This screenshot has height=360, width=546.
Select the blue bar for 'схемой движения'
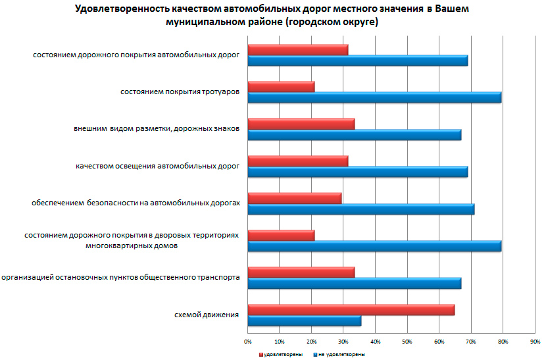(x=304, y=321)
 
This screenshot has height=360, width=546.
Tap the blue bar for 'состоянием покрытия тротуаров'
(x=374, y=98)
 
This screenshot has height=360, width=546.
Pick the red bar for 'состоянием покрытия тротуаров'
(x=281, y=87)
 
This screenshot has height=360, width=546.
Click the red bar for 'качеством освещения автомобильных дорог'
(x=297, y=161)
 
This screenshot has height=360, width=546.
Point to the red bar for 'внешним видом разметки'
(x=301, y=124)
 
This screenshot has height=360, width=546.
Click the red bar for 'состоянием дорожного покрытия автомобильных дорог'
(x=297, y=50)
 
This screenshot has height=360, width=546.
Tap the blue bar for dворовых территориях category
(x=374, y=247)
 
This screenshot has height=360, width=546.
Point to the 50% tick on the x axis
(x=407, y=342)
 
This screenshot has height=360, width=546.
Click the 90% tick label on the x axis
(x=534, y=342)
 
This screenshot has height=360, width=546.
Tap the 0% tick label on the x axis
(x=248, y=342)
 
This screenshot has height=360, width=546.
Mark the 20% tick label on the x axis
(x=311, y=342)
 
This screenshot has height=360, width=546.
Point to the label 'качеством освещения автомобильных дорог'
(x=157, y=167)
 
